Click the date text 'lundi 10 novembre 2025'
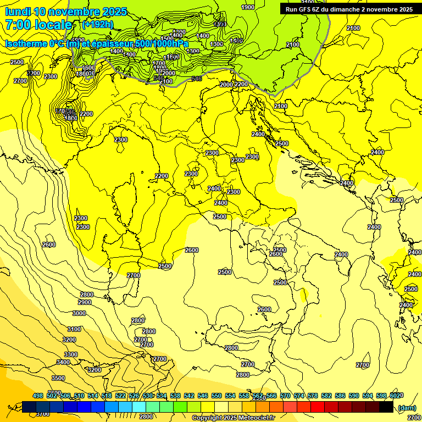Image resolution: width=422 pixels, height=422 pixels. [66, 12]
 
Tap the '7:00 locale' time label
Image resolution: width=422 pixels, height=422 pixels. [38, 25]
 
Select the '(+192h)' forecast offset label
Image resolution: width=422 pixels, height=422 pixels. [97, 25]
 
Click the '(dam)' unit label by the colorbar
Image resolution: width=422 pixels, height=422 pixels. [406, 408]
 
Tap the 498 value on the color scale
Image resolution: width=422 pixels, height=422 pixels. [38, 396]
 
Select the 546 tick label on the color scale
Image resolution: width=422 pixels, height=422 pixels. [203, 396]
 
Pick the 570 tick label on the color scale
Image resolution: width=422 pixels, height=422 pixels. [285, 396]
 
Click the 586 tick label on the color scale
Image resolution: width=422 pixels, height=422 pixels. [340, 396]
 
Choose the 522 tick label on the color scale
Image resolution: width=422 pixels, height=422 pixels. [120, 396]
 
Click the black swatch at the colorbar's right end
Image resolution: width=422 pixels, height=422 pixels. [386, 407]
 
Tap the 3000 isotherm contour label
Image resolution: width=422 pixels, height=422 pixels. [79, 313]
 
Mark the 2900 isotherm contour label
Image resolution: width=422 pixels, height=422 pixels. [85, 302]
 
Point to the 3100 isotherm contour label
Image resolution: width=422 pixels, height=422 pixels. [74, 329]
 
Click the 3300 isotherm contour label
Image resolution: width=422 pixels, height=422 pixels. [70, 354]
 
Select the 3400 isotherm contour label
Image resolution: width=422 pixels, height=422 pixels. [63, 362]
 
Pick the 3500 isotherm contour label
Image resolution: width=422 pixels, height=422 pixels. [58, 378]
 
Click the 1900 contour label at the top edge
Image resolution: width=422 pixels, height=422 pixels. [248, 7]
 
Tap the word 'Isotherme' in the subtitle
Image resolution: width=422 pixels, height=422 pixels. [26, 43]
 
